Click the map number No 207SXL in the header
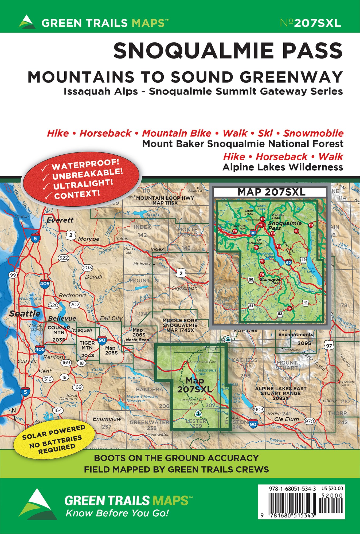point(311,23)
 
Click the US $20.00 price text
point(332,489)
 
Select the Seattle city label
point(25,313)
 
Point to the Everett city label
point(60,220)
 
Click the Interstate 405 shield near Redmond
point(45,284)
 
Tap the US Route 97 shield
point(329,346)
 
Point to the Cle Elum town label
point(286,419)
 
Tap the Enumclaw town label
point(107,419)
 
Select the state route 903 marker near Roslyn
point(259,409)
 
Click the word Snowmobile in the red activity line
point(313,133)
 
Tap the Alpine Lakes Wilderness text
point(283,167)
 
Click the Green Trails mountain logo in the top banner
point(27,22)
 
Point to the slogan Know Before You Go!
point(117,513)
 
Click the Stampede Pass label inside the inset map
point(270,281)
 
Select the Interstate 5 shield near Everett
point(35,238)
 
